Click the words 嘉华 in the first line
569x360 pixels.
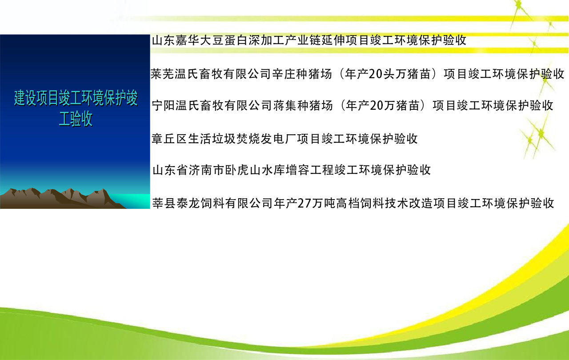188,40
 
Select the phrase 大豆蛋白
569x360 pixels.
224,40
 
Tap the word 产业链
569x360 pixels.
303,40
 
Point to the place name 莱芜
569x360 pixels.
163,74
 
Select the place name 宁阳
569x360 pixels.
164,105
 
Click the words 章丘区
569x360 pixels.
169,139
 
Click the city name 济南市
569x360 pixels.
207,170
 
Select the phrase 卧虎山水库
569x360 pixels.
255,170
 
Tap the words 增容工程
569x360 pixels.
309,170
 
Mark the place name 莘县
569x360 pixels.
164,204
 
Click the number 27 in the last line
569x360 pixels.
304,204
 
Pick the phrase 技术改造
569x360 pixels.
408,204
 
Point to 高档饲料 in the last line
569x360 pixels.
360,204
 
